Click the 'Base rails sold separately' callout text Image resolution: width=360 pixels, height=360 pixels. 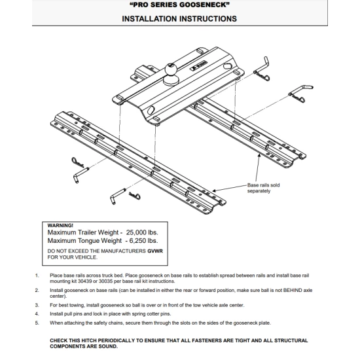(x=268, y=189)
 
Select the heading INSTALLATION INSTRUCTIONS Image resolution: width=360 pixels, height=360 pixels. (x=179, y=19)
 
